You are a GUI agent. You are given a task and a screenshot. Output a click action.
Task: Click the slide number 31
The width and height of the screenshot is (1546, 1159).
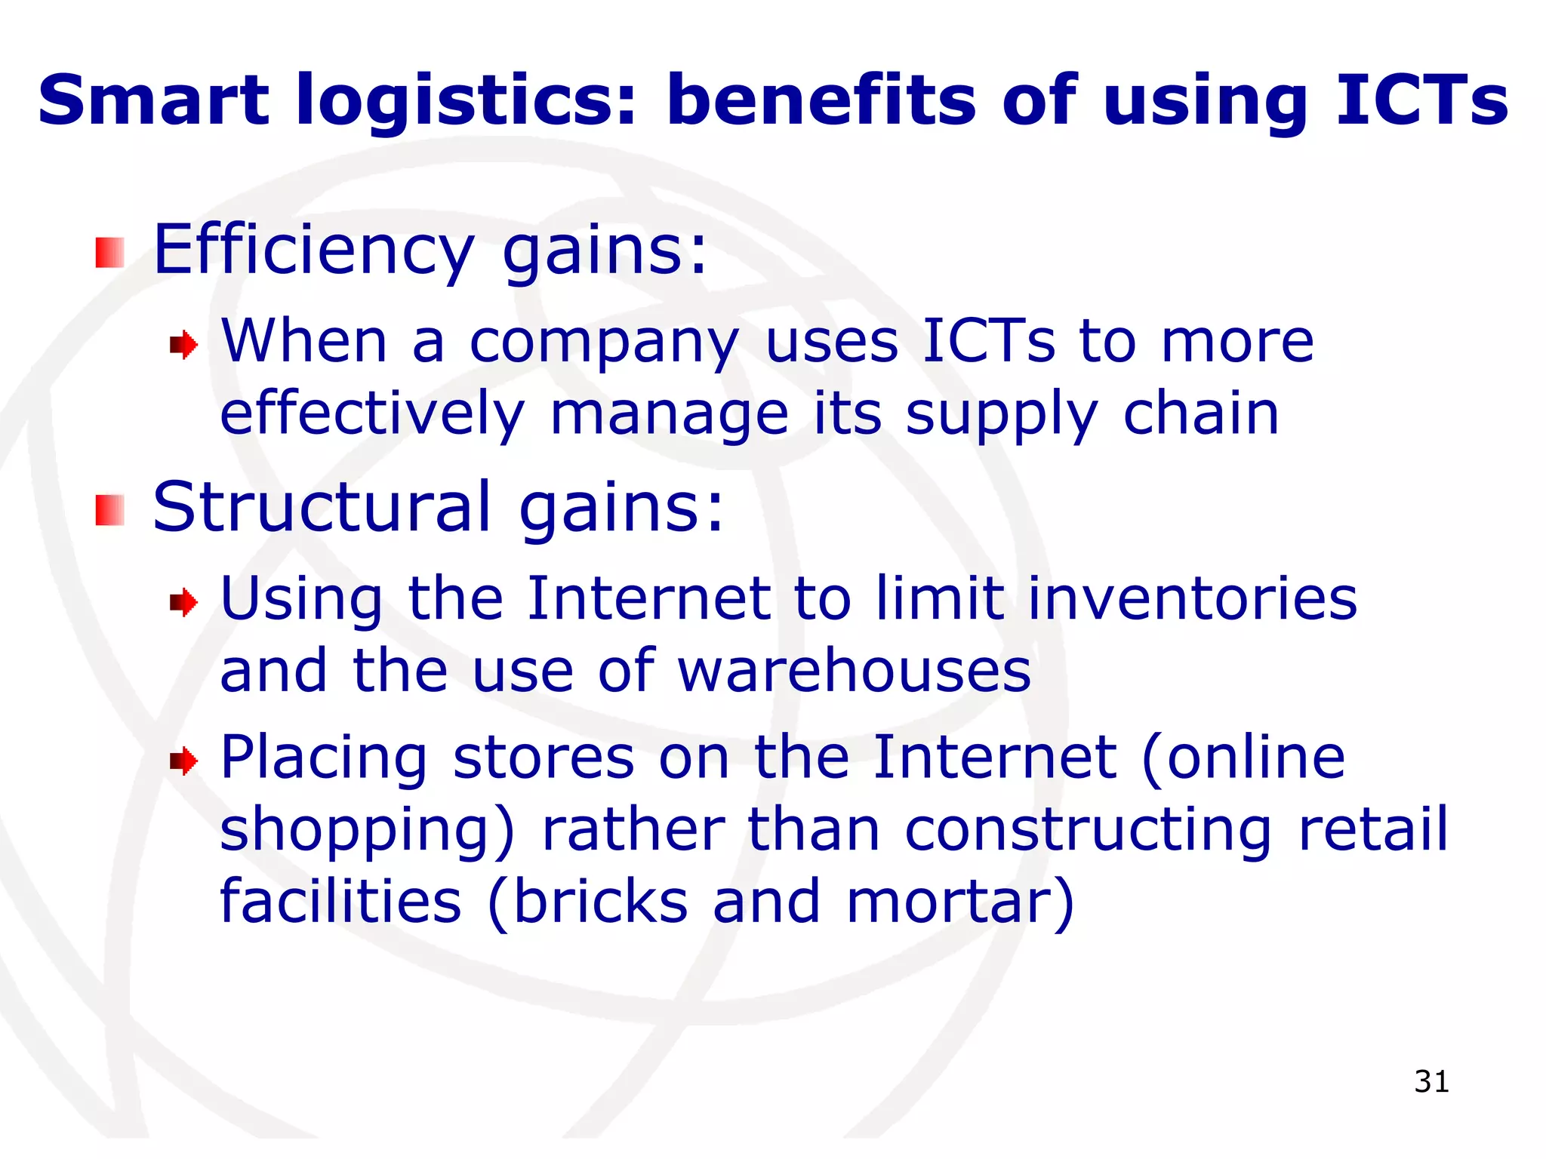(1431, 1081)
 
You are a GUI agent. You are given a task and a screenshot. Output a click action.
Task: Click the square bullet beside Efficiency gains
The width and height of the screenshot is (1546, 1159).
(109, 253)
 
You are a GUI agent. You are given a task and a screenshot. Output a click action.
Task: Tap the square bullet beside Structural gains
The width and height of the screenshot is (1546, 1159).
(109, 510)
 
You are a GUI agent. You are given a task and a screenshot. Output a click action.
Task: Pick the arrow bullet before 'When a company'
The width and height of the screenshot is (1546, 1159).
(183, 346)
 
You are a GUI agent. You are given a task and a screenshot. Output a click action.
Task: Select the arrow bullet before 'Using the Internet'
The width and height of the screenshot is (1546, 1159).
(183, 603)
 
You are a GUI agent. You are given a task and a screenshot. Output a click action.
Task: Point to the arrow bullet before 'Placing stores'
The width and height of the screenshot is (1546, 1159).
(183, 761)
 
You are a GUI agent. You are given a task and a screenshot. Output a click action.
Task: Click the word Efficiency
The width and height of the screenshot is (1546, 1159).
(313, 251)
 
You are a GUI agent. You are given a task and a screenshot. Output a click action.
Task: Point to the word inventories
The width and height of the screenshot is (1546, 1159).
(1193, 599)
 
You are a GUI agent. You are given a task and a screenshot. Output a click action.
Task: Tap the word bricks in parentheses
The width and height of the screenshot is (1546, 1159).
(601, 902)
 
